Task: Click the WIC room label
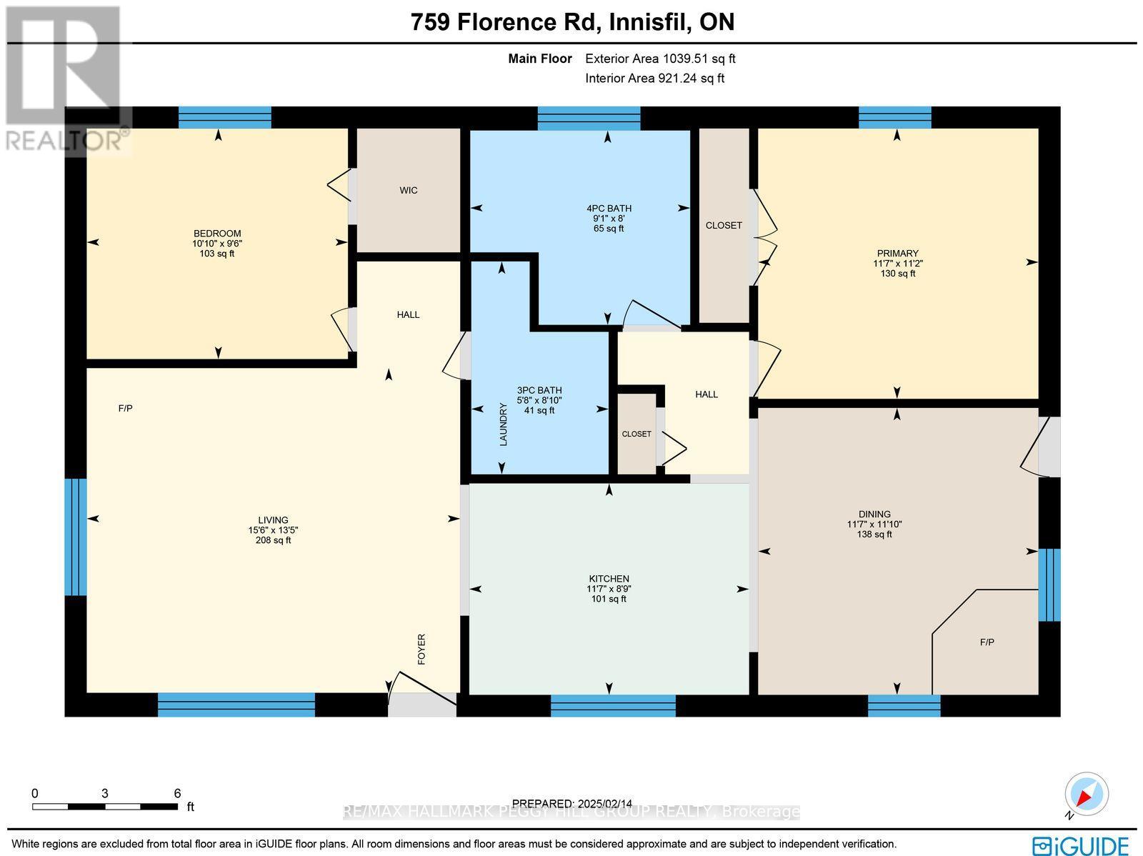point(409,190)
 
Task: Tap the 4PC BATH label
point(609,209)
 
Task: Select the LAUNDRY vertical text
point(503,424)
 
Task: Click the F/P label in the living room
point(125,409)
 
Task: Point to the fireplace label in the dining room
point(987,642)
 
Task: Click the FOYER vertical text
point(421,649)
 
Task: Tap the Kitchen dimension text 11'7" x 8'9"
point(609,589)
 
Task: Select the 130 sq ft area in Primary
point(897,273)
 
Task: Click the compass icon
point(1087,794)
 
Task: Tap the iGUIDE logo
point(1081,845)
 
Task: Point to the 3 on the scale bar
point(105,793)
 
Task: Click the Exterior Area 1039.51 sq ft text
point(660,59)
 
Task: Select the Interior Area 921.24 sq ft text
point(654,79)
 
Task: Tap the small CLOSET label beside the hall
point(637,434)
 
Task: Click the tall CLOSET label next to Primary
point(724,225)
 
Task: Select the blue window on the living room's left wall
point(75,537)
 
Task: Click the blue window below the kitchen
point(613,705)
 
